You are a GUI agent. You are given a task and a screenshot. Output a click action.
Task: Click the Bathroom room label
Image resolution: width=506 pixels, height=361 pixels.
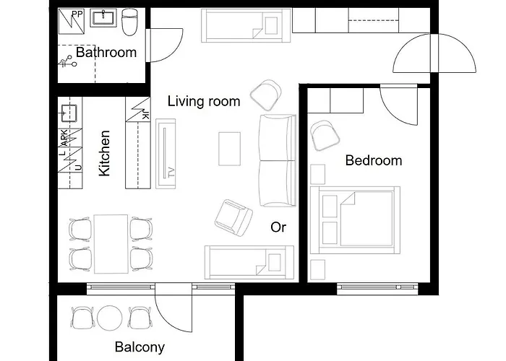click(x=106, y=53)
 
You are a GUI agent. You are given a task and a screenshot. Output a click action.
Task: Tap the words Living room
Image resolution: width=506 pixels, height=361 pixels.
click(x=203, y=101)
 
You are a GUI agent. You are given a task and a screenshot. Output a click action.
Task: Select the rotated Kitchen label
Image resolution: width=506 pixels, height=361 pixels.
click(x=105, y=153)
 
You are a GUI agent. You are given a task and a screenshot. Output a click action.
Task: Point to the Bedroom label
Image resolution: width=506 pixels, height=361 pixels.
click(x=373, y=160)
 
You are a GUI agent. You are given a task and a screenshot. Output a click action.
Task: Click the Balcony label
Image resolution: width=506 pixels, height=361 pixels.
click(x=140, y=347)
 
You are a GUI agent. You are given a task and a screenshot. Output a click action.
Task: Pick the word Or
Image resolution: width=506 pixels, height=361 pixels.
click(x=278, y=227)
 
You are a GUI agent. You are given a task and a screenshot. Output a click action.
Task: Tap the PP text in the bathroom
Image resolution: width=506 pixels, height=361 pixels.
click(x=76, y=14)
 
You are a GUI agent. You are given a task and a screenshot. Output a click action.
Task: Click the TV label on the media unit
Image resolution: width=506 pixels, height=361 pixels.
click(x=171, y=172)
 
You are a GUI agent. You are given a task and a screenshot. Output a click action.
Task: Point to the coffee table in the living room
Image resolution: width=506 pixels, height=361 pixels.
click(x=230, y=149)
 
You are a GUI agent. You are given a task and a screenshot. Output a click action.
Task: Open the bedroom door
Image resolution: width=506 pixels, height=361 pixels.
click(x=398, y=108)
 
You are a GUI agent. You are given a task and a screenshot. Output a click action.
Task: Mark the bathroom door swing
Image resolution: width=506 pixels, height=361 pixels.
click(x=165, y=47)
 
